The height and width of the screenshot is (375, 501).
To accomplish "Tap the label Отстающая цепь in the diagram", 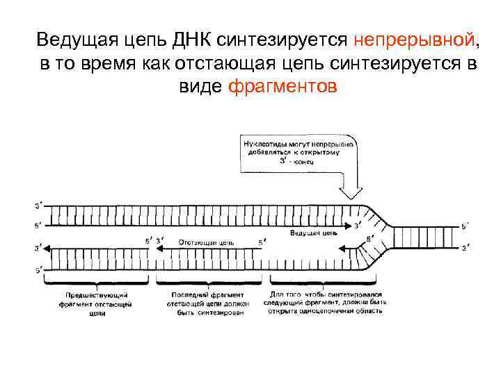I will pyautogui.click(x=206, y=242).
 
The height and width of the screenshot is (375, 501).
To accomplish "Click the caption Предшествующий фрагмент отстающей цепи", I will pyautogui.click(x=97, y=303).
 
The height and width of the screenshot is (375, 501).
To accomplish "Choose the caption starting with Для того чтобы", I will pyautogui.click(x=324, y=303).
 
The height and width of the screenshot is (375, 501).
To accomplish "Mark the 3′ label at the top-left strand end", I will pyautogui.click(x=38, y=205).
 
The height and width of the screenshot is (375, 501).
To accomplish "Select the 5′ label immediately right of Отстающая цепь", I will pyautogui.click(x=261, y=242).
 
